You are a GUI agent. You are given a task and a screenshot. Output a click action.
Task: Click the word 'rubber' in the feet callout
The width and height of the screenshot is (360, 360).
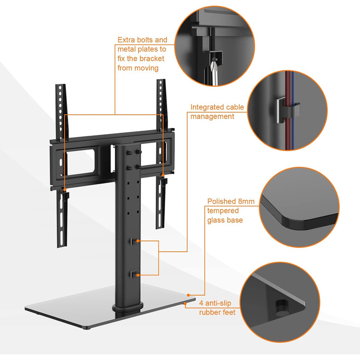coord(208,313)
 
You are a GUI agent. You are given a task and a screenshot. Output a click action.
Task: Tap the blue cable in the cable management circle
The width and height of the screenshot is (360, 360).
coord(293,110)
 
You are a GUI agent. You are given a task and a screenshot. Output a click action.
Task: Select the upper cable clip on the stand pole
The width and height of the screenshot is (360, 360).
coord(134,241)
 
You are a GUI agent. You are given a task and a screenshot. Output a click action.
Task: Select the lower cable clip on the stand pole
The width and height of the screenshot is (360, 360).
coord(134,275)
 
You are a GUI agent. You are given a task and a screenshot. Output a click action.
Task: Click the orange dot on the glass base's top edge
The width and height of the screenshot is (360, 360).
coord(188,295)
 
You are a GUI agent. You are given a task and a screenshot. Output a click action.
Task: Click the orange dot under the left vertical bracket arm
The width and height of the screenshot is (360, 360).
coord(65,190)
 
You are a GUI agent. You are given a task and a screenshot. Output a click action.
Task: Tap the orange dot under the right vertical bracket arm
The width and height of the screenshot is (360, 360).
coord(163,175)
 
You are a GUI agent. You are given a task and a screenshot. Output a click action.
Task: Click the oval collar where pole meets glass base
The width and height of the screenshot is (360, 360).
coord(128,308)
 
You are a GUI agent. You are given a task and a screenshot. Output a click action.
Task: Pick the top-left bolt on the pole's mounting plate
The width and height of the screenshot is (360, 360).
coord(129,153)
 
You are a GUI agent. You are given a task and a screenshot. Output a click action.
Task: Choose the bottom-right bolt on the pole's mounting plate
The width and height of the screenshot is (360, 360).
coord(138,167)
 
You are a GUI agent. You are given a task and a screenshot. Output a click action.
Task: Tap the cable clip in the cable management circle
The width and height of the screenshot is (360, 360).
coord(288,110)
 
